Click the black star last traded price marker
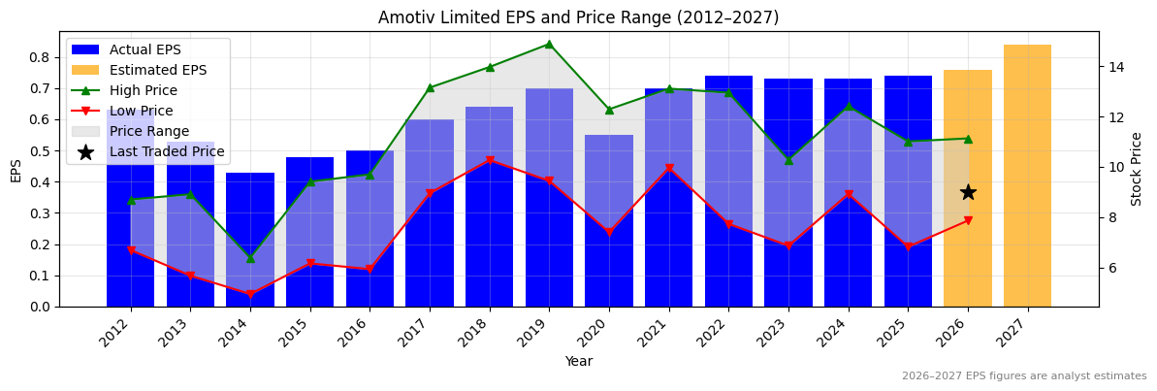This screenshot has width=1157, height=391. tap(968, 192)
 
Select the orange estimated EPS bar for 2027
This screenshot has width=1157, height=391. tap(1027, 176)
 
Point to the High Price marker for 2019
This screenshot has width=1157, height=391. tap(549, 44)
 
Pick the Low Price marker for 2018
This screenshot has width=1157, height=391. tap(490, 160)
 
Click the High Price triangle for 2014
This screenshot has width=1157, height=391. tap(250, 258)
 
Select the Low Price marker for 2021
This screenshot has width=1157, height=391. tap(669, 169)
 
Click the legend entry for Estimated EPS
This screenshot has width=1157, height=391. tap(157, 70)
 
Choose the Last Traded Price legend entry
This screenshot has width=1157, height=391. tap(166, 151)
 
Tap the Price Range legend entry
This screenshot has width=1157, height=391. tap(148, 131)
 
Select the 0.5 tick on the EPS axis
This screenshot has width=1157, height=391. tap(40, 151)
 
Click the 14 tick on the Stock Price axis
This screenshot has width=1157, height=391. tap(1115, 67)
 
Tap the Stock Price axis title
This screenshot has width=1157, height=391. tap(1137, 169)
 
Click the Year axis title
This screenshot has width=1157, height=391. tap(579, 361)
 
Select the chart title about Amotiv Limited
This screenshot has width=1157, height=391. tap(578, 17)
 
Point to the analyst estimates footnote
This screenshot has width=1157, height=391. tap(1024, 376)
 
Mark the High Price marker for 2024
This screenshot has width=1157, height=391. tap(849, 107)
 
